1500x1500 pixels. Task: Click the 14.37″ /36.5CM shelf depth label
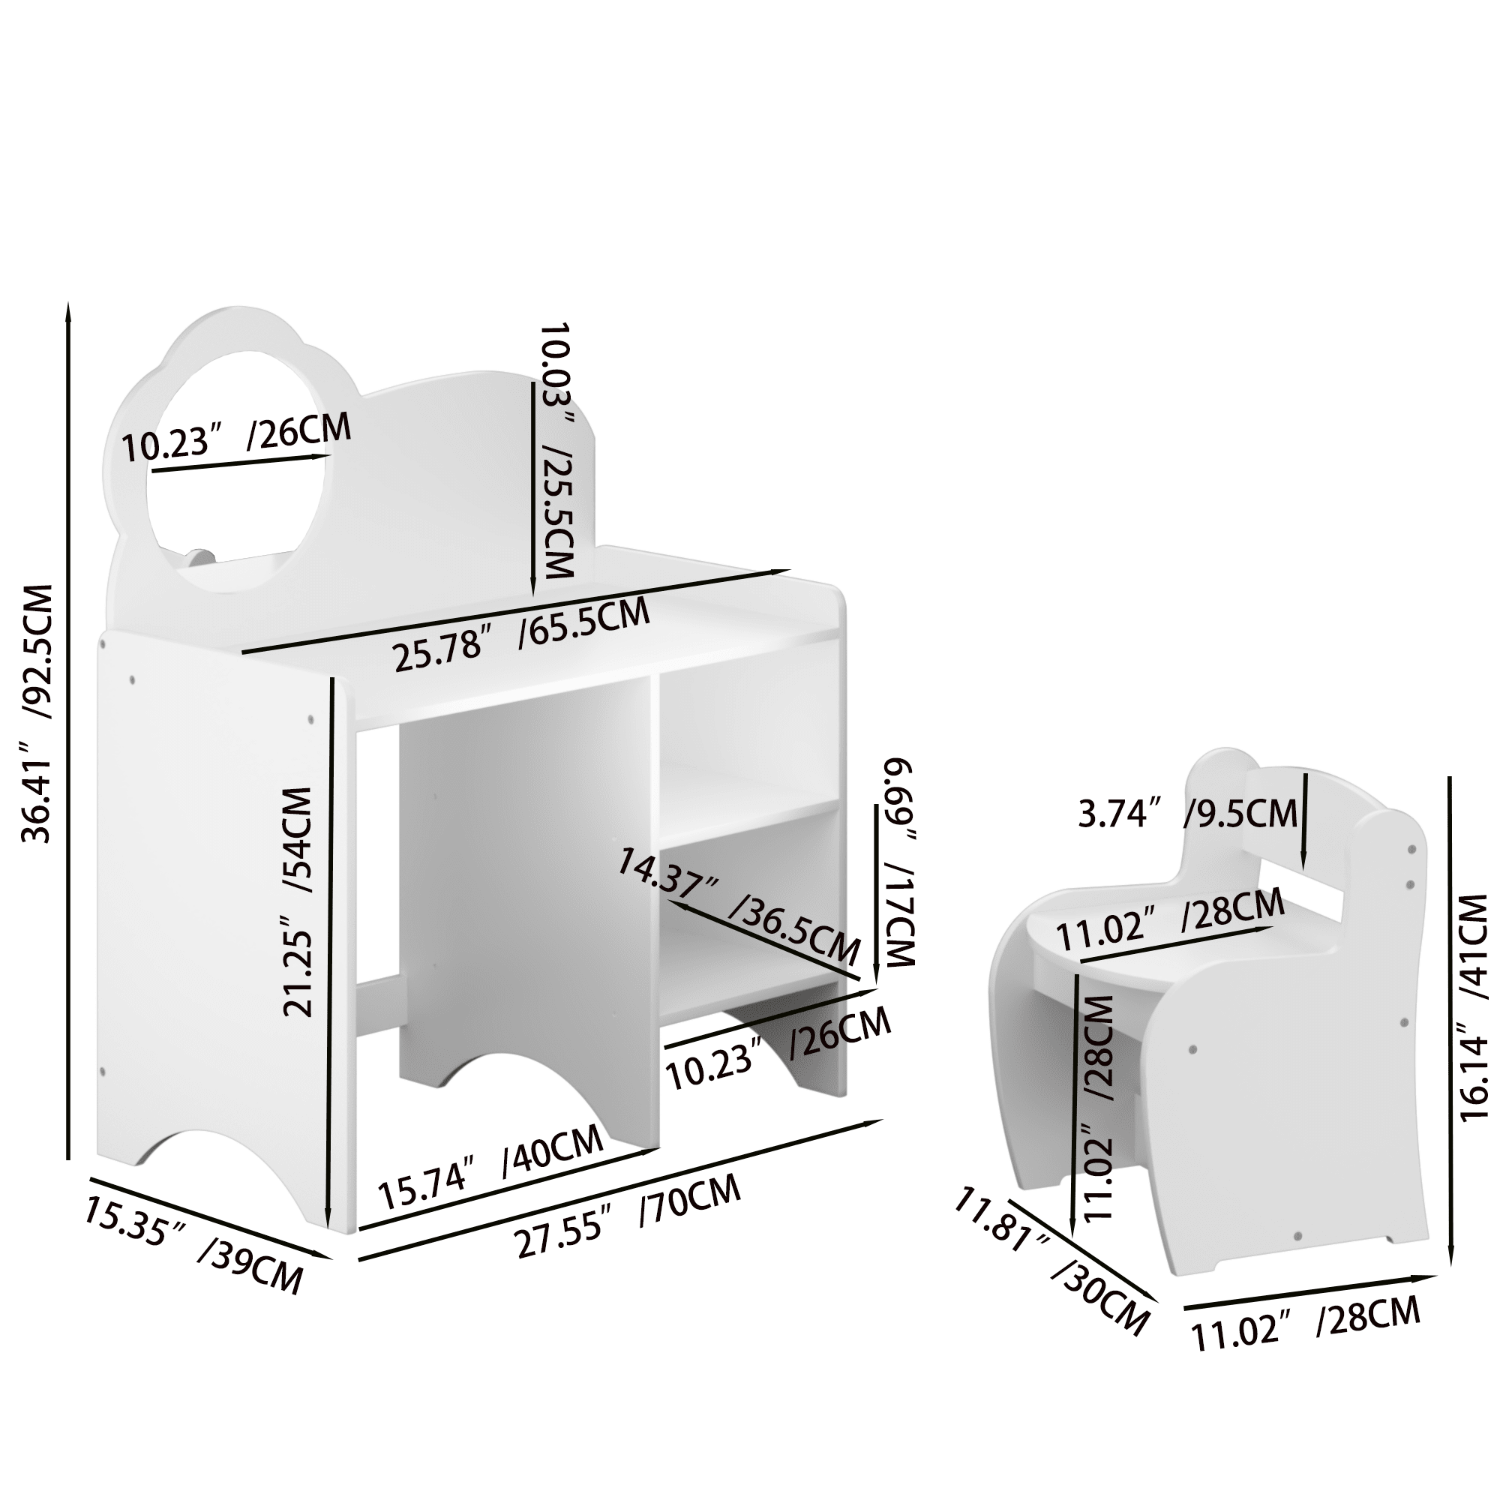(x=738, y=905)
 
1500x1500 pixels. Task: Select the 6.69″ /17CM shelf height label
(x=898, y=862)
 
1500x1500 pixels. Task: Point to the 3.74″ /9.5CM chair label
(x=1188, y=813)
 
